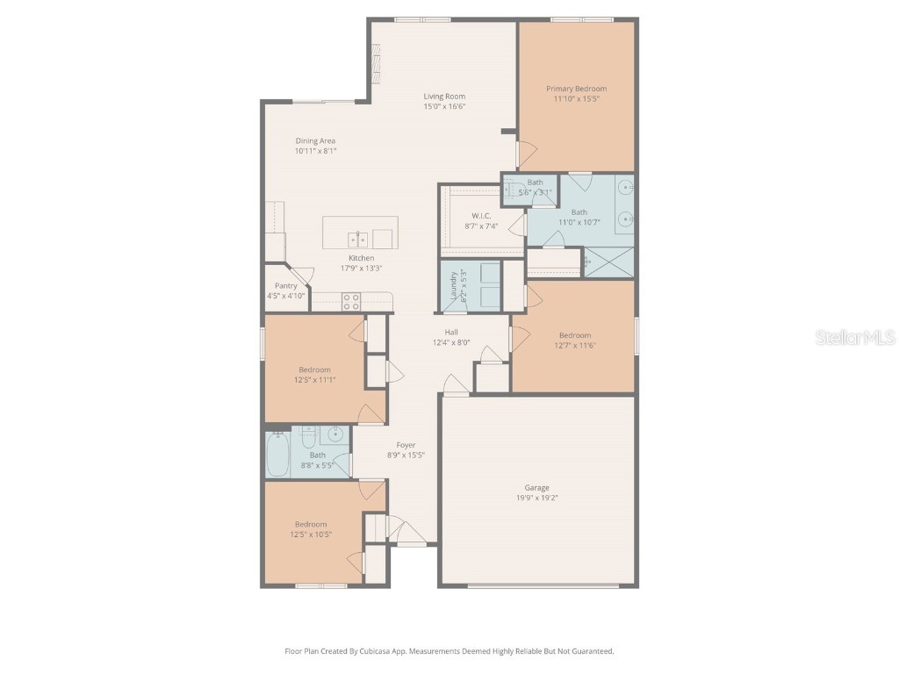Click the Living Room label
click(444, 97)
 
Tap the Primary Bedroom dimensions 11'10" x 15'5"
click(576, 99)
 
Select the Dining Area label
click(315, 140)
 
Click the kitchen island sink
click(357, 238)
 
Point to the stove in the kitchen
click(351, 301)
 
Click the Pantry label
click(285, 286)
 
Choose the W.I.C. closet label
click(480, 216)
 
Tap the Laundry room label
click(454, 286)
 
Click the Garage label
click(536, 488)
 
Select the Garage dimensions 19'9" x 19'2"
click(536, 498)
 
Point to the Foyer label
click(405, 445)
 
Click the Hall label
click(450, 332)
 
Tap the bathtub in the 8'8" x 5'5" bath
click(277, 454)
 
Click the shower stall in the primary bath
click(608, 262)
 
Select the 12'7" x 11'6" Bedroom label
click(575, 335)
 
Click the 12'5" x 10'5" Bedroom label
click(311, 524)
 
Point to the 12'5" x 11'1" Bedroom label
click(314, 369)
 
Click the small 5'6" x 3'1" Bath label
click(535, 183)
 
